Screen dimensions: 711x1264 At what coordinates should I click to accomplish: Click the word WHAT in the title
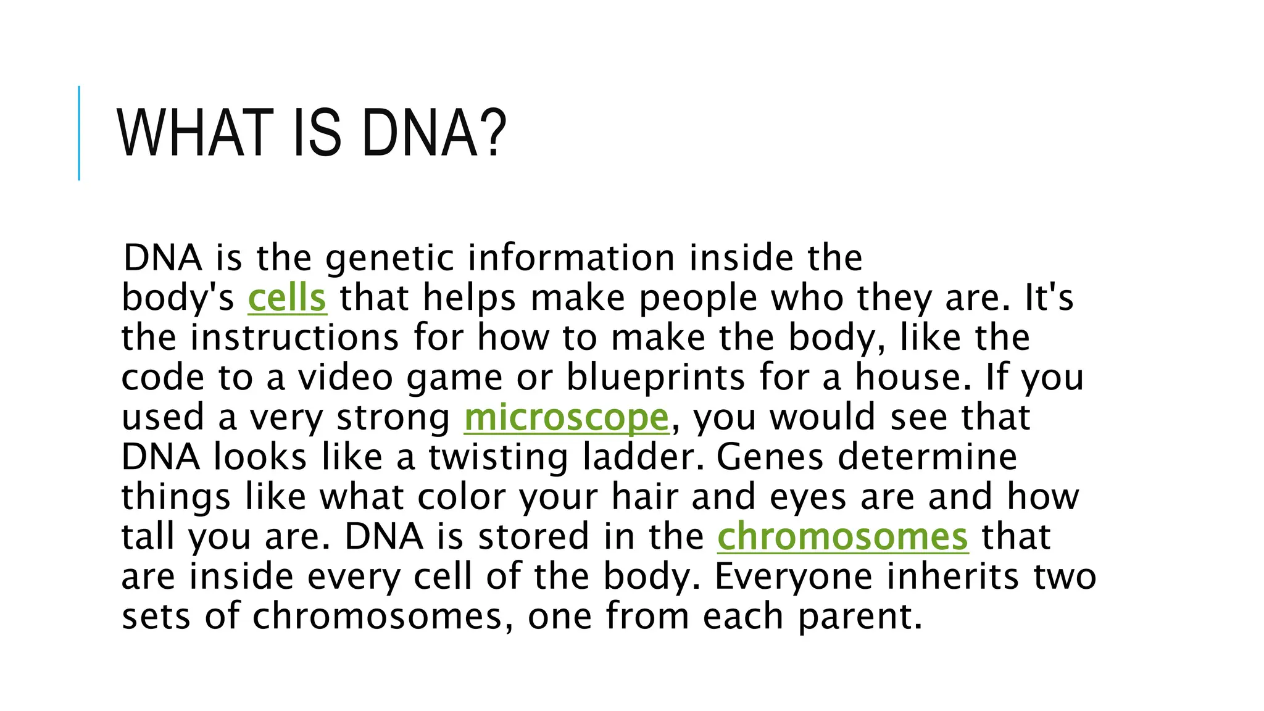pos(195,133)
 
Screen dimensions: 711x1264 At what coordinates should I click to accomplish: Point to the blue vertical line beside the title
pos(79,133)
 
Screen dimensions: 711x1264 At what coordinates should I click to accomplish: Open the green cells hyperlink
pos(287,298)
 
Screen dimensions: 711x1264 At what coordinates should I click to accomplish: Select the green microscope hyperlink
pos(566,418)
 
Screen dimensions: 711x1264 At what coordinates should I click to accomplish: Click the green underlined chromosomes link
pos(842,537)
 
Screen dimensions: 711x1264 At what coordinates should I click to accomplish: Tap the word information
pos(571,258)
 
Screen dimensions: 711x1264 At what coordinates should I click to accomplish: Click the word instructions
pos(294,338)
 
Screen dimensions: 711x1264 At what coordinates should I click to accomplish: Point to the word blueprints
pos(655,378)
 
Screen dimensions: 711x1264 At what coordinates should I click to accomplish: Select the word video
pos(346,378)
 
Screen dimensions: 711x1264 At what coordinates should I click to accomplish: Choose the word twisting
pos(498,458)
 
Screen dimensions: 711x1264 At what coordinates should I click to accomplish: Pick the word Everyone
pos(793,577)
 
